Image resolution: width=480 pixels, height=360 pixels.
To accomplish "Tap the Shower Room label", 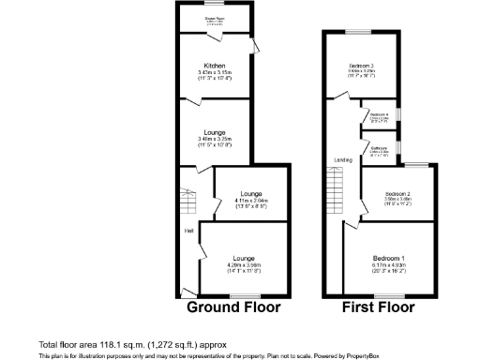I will point(215,16).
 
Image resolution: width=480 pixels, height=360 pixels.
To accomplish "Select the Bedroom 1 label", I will point(389,258).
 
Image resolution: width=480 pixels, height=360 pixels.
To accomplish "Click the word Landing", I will point(343,160).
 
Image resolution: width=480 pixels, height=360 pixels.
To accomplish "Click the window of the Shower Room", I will point(215,4).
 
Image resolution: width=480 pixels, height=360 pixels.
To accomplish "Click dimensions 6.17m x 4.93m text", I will point(389,266).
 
